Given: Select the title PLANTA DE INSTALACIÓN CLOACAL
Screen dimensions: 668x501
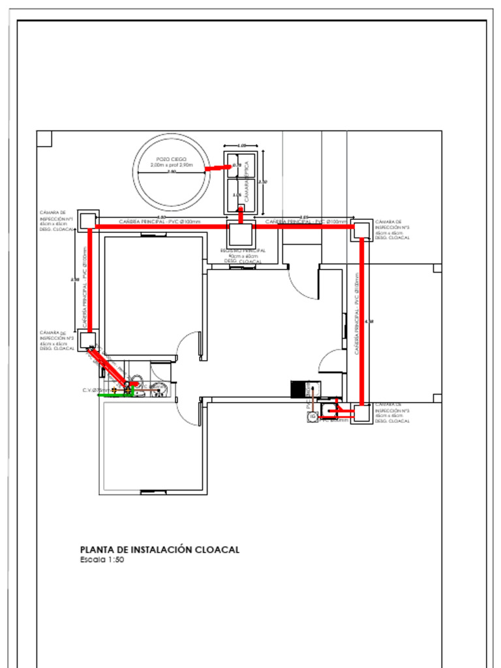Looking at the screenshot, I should (159, 550).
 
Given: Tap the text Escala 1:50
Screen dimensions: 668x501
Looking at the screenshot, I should (102, 560).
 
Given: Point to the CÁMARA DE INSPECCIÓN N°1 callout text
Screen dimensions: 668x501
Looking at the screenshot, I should (55, 221).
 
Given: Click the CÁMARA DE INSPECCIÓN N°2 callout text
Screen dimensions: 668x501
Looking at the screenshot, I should (55, 341).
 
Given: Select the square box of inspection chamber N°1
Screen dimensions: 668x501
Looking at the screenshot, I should (87, 219).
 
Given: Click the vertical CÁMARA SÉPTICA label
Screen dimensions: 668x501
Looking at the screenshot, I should (247, 179).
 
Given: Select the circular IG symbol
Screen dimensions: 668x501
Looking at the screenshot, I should (312, 417).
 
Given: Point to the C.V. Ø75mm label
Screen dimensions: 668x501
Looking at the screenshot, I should (96, 390).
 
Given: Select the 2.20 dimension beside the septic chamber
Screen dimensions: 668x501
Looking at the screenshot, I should (263, 182).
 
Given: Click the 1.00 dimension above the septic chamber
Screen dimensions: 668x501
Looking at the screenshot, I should (242, 145).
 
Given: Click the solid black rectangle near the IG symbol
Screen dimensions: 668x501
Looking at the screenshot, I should (298, 389).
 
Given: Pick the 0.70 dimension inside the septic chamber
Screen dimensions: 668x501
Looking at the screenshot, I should (237, 166).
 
